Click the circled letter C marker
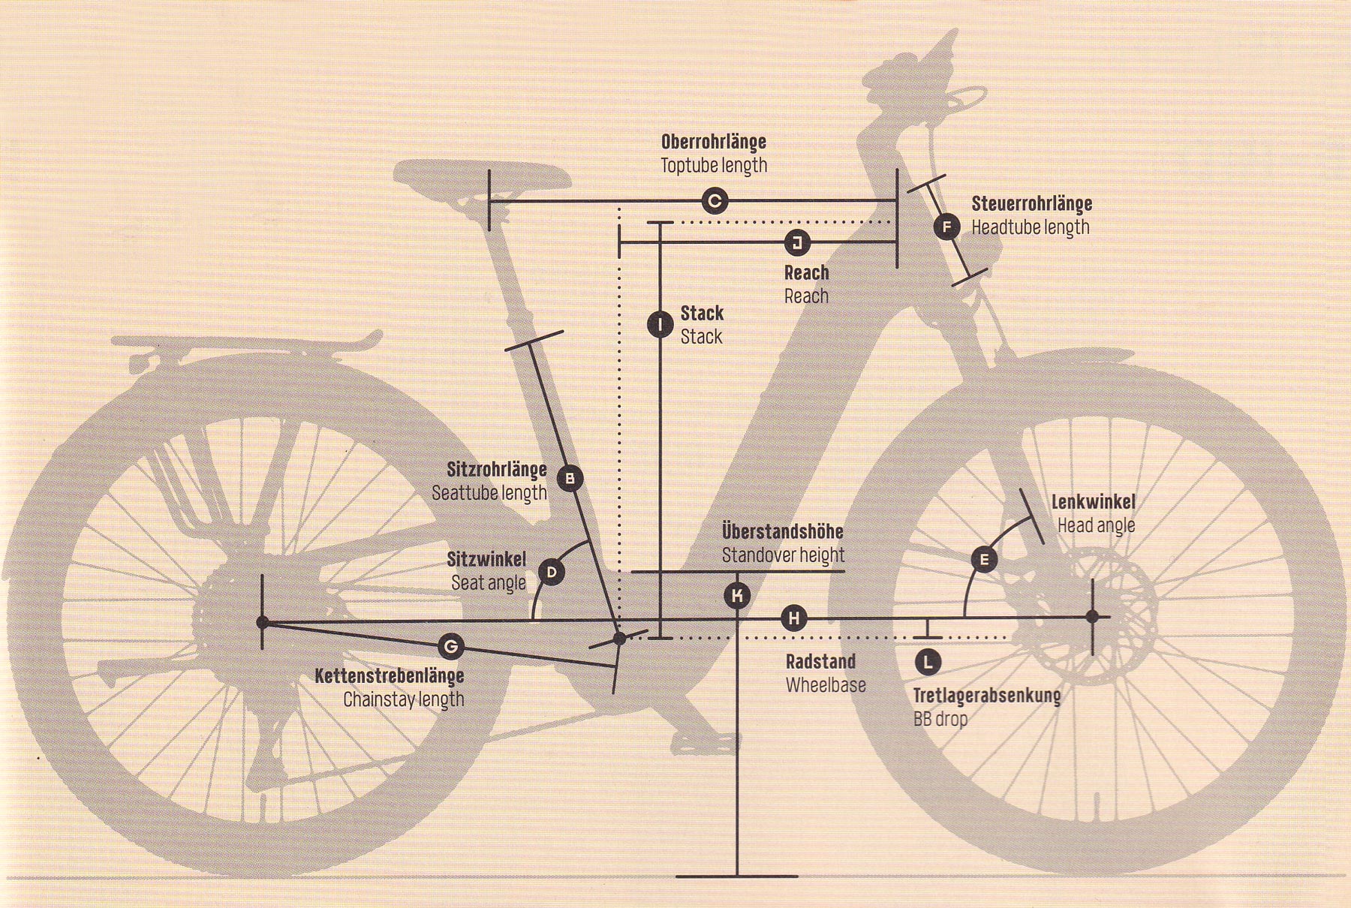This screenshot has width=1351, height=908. pyautogui.click(x=715, y=201)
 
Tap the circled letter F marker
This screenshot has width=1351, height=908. pyautogui.click(x=947, y=227)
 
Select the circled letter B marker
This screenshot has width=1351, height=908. pyautogui.click(x=570, y=478)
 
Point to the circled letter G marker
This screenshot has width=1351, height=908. pyautogui.click(x=450, y=646)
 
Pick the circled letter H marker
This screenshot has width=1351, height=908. pyautogui.click(x=794, y=619)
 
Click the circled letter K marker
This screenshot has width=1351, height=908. pyautogui.click(x=738, y=596)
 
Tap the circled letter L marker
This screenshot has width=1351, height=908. pyautogui.click(x=928, y=662)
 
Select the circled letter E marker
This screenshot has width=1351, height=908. pyautogui.click(x=984, y=559)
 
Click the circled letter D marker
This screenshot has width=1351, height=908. pyautogui.click(x=552, y=573)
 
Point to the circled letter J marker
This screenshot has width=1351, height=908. pyautogui.click(x=797, y=242)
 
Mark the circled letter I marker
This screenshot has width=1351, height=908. pyautogui.click(x=660, y=325)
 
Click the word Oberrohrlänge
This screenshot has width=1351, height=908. pyautogui.click(x=714, y=142)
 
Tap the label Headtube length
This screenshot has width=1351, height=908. pyautogui.click(x=1031, y=227)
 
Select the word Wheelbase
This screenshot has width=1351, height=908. pyautogui.click(x=826, y=685)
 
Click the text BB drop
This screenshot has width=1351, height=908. pyautogui.click(x=940, y=719)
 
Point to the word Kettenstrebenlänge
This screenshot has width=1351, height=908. pyautogui.click(x=390, y=676)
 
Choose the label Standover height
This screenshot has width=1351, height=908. pyautogui.click(x=784, y=555)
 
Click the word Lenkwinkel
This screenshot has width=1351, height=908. pyautogui.click(x=1094, y=502)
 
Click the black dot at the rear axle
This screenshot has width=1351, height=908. pyautogui.click(x=262, y=622)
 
